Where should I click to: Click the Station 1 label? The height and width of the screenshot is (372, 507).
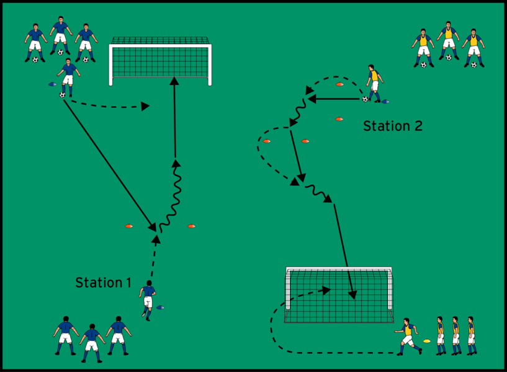(x=103, y=283)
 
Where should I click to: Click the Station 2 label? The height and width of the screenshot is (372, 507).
(x=392, y=126)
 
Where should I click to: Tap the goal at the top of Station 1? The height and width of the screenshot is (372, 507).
(x=161, y=60)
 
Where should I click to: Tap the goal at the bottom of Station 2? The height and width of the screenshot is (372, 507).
(x=339, y=294)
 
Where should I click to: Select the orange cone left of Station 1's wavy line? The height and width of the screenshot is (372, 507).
(x=129, y=226)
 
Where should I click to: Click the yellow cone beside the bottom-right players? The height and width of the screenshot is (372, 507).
(x=426, y=340)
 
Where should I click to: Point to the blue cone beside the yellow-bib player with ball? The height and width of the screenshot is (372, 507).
(x=385, y=101)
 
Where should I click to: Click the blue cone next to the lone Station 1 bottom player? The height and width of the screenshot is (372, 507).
(x=161, y=307)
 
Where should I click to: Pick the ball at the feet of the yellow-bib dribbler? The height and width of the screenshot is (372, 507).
(x=365, y=99)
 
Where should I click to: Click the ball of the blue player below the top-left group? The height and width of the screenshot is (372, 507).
(x=62, y=95)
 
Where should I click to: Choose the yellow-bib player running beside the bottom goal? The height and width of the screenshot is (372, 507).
(x=407, y=336)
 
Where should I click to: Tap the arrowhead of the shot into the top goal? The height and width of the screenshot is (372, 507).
(x=174, y=81)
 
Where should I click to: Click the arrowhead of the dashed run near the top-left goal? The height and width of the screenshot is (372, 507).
(x=145, y=106)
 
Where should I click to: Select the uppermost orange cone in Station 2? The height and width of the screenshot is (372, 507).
(x=339, y=84)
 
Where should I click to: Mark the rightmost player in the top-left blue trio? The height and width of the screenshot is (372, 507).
(x=86, y=42)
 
